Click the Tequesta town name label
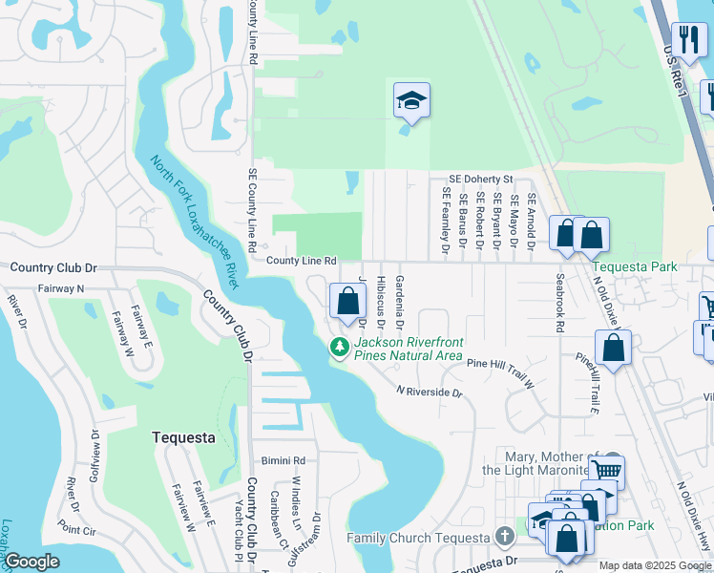183,437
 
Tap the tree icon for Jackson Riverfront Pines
338,349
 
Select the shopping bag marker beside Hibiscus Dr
347,302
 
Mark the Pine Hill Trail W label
499,371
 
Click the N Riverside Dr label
430,393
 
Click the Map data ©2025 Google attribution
655,565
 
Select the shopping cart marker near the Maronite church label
606,471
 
